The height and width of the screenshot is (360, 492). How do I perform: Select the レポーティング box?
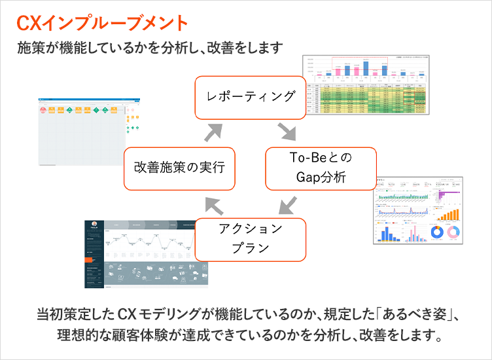(251, 97)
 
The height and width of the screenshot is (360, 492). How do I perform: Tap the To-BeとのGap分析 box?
(321, 168)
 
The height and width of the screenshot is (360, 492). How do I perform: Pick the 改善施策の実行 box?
(179, 168)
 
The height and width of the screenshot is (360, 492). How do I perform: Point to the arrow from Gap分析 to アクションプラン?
(287, 204)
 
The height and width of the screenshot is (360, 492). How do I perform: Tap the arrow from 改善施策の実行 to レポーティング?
(214, 132)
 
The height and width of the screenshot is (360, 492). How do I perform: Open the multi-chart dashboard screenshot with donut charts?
(418, 210)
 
